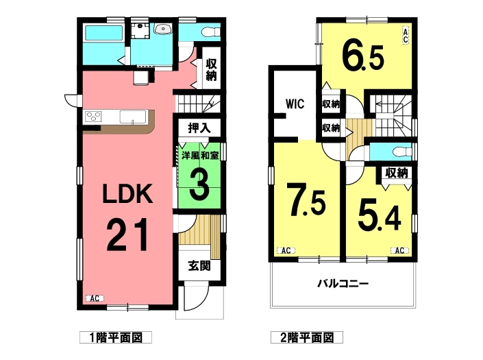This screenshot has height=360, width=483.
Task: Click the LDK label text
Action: [128, 193]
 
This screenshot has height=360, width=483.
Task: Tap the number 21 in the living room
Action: [127, 235]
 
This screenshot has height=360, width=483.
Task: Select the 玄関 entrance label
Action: [199, 265]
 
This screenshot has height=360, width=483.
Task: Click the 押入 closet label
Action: [199, 128]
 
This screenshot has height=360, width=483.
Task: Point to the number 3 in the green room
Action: [199, 184]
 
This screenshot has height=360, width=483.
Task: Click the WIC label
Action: [295, 104]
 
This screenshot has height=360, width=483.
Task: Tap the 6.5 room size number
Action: [363, 58]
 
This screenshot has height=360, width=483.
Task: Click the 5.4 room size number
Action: [379, 218]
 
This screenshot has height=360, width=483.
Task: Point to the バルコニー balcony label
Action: [343, 283]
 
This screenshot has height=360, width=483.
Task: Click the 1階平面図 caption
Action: [116, 338]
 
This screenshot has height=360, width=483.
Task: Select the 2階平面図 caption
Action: [307, 338]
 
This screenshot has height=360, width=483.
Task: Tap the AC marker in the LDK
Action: [95, 298]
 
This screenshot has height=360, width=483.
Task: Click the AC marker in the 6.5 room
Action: [406, 36]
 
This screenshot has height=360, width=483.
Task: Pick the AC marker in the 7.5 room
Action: [286, 250]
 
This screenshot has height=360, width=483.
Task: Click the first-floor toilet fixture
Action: [210, 32]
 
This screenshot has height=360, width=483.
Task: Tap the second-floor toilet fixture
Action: [403, 152]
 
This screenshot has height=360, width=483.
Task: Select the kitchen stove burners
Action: [93, 117]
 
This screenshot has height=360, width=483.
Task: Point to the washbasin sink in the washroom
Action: [164, 29]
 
